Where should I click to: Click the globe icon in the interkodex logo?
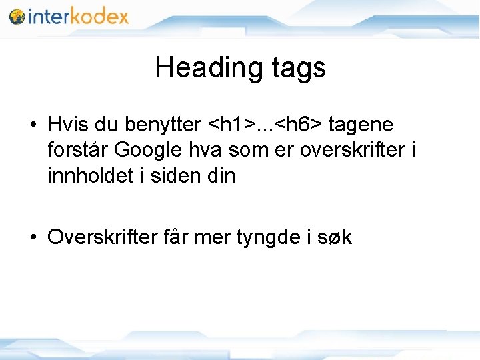coord(17,16)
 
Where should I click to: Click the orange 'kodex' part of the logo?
coord(99,16)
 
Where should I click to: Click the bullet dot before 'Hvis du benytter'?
coord(32,125)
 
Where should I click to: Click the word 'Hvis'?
coord(68,125)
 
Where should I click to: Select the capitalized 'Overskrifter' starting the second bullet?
coord(103,237)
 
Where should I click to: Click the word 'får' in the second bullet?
coord(176,237)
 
